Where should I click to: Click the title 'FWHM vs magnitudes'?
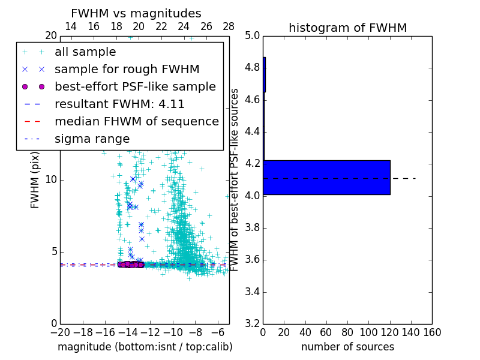(136, 13)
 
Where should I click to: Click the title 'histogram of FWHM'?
(347, 28)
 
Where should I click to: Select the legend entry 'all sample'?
(85, 52)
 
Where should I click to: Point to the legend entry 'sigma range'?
(92, 139)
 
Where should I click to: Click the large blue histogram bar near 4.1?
(326, 177)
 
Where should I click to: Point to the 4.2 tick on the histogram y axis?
(251, 164)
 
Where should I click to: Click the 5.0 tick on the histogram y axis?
(251, 35)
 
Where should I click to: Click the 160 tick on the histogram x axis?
(432, 332)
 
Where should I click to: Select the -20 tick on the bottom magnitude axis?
(60, 332)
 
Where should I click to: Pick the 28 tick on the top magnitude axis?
(229, 26)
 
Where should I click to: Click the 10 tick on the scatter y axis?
(51, 179)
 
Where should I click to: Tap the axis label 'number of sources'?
(347, 347)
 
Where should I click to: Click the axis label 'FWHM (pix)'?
(35, 179)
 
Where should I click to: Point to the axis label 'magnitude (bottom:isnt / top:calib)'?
(145, 347)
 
